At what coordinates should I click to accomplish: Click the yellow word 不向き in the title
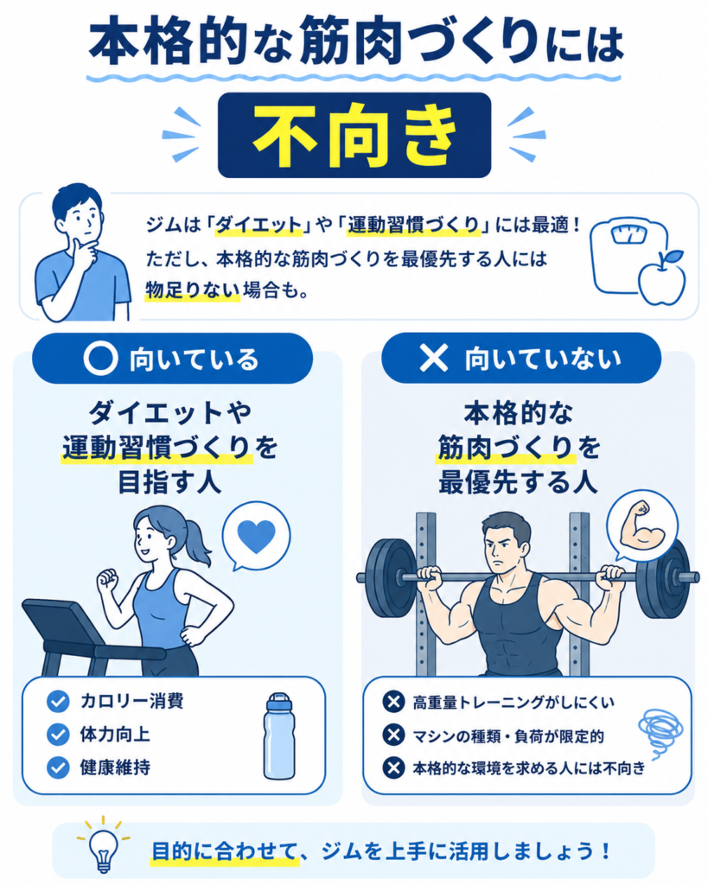[354, 136]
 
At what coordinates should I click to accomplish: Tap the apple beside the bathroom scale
[661, 277]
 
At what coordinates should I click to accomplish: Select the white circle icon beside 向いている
[100, 359]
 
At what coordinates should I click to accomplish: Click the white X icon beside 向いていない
[434, 358]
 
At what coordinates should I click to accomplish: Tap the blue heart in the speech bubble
[257, 536]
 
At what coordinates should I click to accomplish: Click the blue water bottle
[279, 736]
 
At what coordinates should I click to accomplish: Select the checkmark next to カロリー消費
[58, 702]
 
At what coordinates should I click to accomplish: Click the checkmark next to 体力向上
[58, 735]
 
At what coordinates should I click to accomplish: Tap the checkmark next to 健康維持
[58, 767]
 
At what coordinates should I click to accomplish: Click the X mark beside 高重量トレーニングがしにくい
[393, 702]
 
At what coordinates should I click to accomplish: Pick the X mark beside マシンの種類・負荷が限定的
[393, 735]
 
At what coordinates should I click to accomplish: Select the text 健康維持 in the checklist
[115, 767]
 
